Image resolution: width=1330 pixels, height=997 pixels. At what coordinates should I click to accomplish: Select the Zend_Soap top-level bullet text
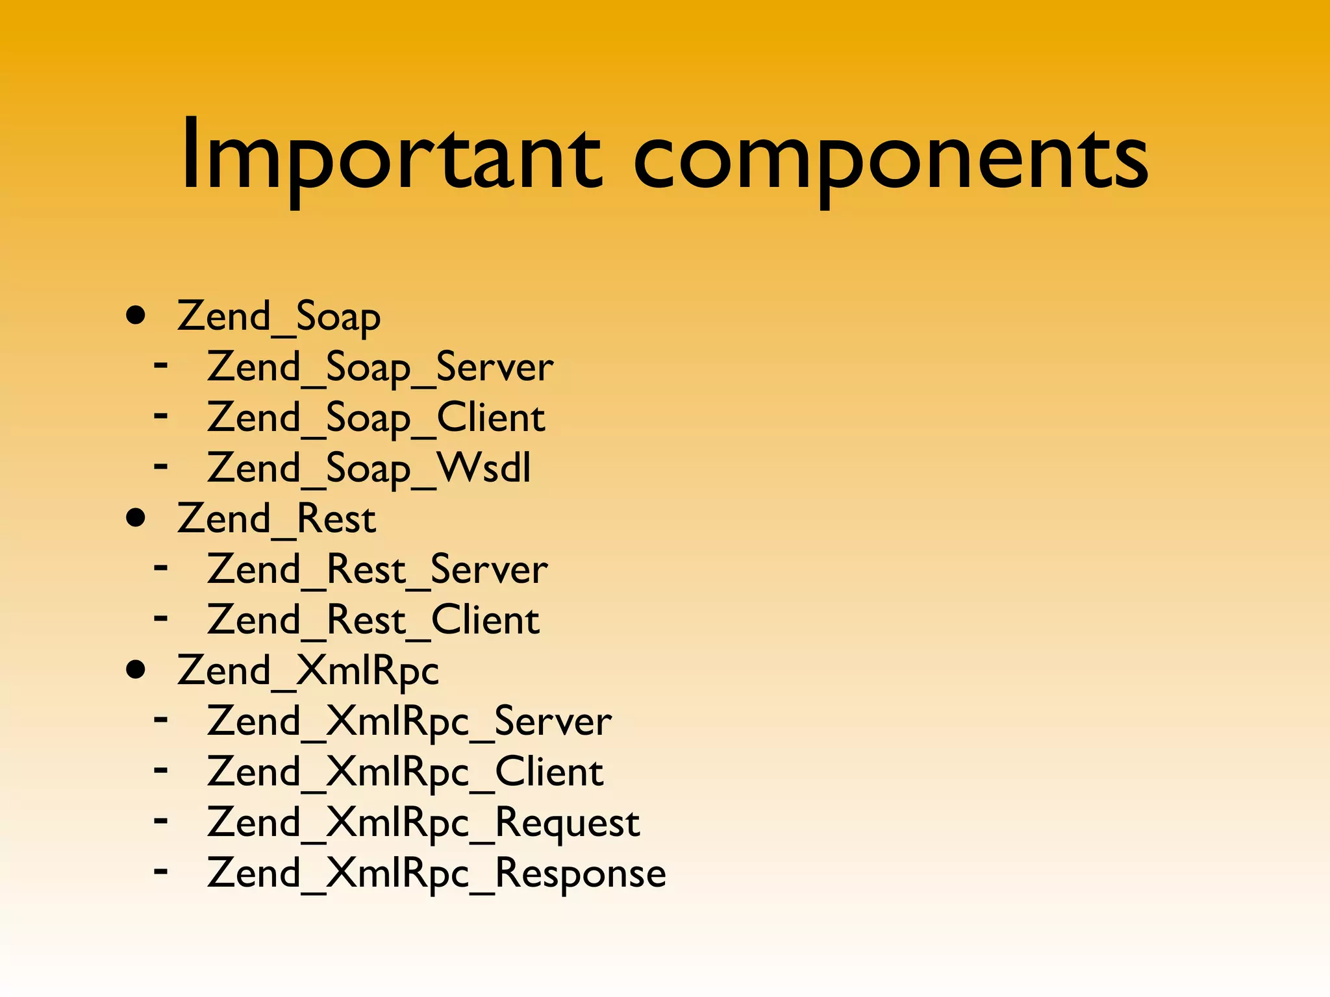click(279, 317)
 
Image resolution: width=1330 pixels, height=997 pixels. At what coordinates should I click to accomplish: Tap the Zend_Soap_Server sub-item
click(380, 367)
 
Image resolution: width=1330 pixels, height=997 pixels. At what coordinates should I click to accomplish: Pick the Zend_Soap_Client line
click(376, 418)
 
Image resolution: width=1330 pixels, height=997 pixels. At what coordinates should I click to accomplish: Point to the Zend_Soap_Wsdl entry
click(369, 469)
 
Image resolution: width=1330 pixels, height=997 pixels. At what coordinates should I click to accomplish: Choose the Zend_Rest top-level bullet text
click(276, 519)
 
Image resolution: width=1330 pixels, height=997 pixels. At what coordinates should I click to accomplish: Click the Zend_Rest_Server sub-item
click(377, 570)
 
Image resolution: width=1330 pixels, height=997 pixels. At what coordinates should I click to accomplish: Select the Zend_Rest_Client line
click(373, 621)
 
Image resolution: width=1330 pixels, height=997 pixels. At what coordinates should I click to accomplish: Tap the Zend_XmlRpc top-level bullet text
click(308, 671)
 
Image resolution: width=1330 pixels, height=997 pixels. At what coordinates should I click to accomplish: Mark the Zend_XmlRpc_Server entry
click(409, 722)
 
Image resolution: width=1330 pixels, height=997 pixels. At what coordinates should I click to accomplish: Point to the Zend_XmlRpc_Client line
click(405, 772)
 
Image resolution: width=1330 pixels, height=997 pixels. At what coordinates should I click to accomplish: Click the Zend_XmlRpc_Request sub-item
click(423, 823)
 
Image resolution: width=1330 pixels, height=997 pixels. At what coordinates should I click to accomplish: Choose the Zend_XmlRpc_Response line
click(436, 874)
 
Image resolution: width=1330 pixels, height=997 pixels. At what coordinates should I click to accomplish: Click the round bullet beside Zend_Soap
click(136, 316)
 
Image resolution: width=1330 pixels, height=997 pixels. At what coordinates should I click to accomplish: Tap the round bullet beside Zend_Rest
click(136, 519)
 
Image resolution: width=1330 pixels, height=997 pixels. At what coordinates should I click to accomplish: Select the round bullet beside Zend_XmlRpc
click(136, 671)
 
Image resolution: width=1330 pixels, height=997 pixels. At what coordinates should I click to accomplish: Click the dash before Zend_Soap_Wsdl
click(161, 465)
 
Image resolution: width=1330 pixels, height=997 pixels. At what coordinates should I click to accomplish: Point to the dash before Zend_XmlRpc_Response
click(161, 870)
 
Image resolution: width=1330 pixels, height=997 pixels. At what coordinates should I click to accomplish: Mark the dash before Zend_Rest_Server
click(161, 567)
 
